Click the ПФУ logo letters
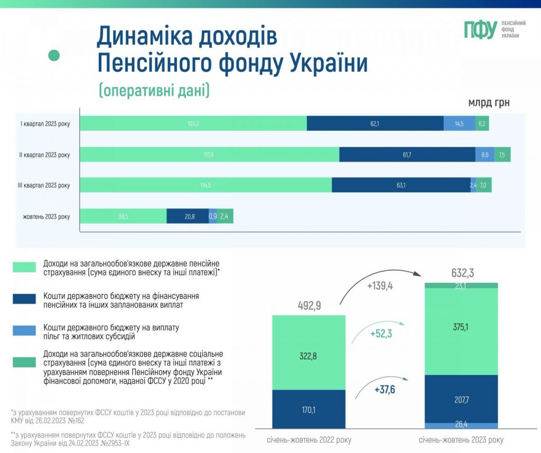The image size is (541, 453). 480,30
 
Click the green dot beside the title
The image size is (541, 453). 54,55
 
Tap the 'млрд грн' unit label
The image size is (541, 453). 489,102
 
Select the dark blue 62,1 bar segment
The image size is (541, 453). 375,124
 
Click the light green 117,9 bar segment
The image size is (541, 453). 209,155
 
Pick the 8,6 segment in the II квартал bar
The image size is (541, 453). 485,155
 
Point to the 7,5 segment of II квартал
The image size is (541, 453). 502,155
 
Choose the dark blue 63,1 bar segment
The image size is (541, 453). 402,185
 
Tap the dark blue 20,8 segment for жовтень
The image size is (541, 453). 188,216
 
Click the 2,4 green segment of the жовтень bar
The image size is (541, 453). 225,216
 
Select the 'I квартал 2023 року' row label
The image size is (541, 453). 45,124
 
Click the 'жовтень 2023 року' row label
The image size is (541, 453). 46,216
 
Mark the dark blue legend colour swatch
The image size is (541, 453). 24,299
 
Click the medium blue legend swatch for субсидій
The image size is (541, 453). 24,331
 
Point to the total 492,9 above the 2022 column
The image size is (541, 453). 309,306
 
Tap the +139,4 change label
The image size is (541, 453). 380,286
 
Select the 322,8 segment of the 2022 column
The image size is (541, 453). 309,352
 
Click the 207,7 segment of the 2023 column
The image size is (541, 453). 461,399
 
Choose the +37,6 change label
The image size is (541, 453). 385,390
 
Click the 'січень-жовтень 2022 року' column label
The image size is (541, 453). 309,440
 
